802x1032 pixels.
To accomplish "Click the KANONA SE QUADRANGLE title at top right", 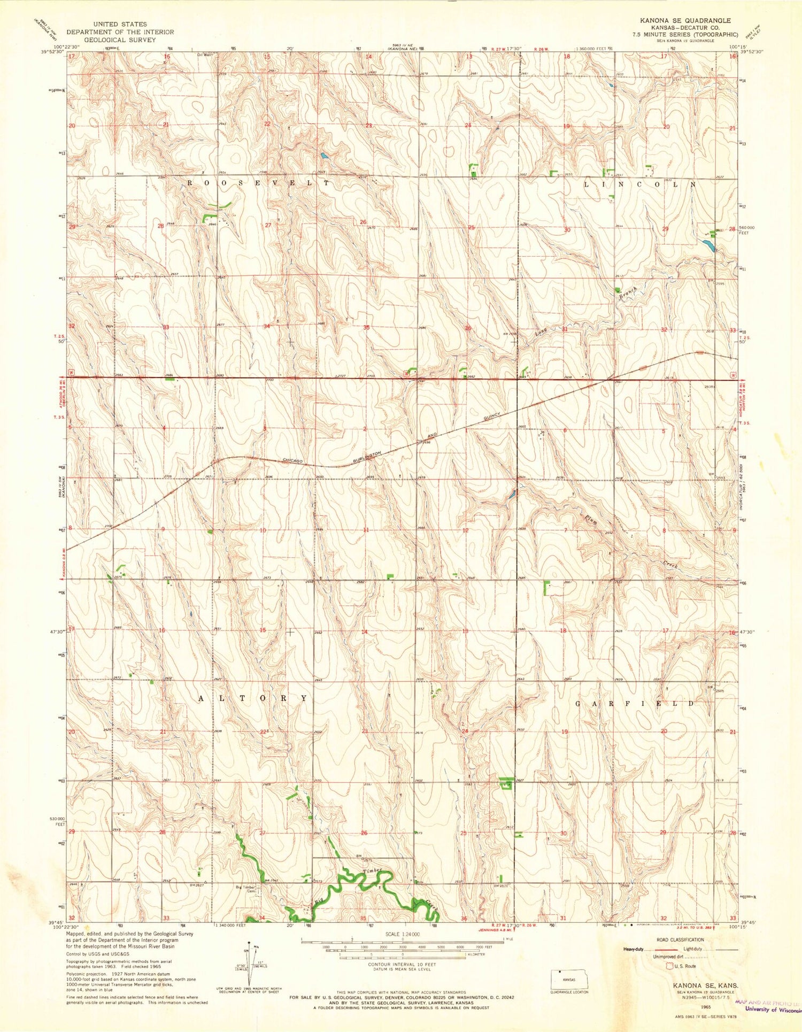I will coord(685,20).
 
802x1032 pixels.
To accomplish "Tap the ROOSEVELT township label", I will coord(258,183).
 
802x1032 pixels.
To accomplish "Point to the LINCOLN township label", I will coord(640,184).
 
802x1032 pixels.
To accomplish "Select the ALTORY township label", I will coord(253,698).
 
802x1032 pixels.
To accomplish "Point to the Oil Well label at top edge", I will coord(205,54).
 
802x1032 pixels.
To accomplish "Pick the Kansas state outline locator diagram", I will coord(570,979).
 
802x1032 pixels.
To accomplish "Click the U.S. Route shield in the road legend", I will coord(668,966).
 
